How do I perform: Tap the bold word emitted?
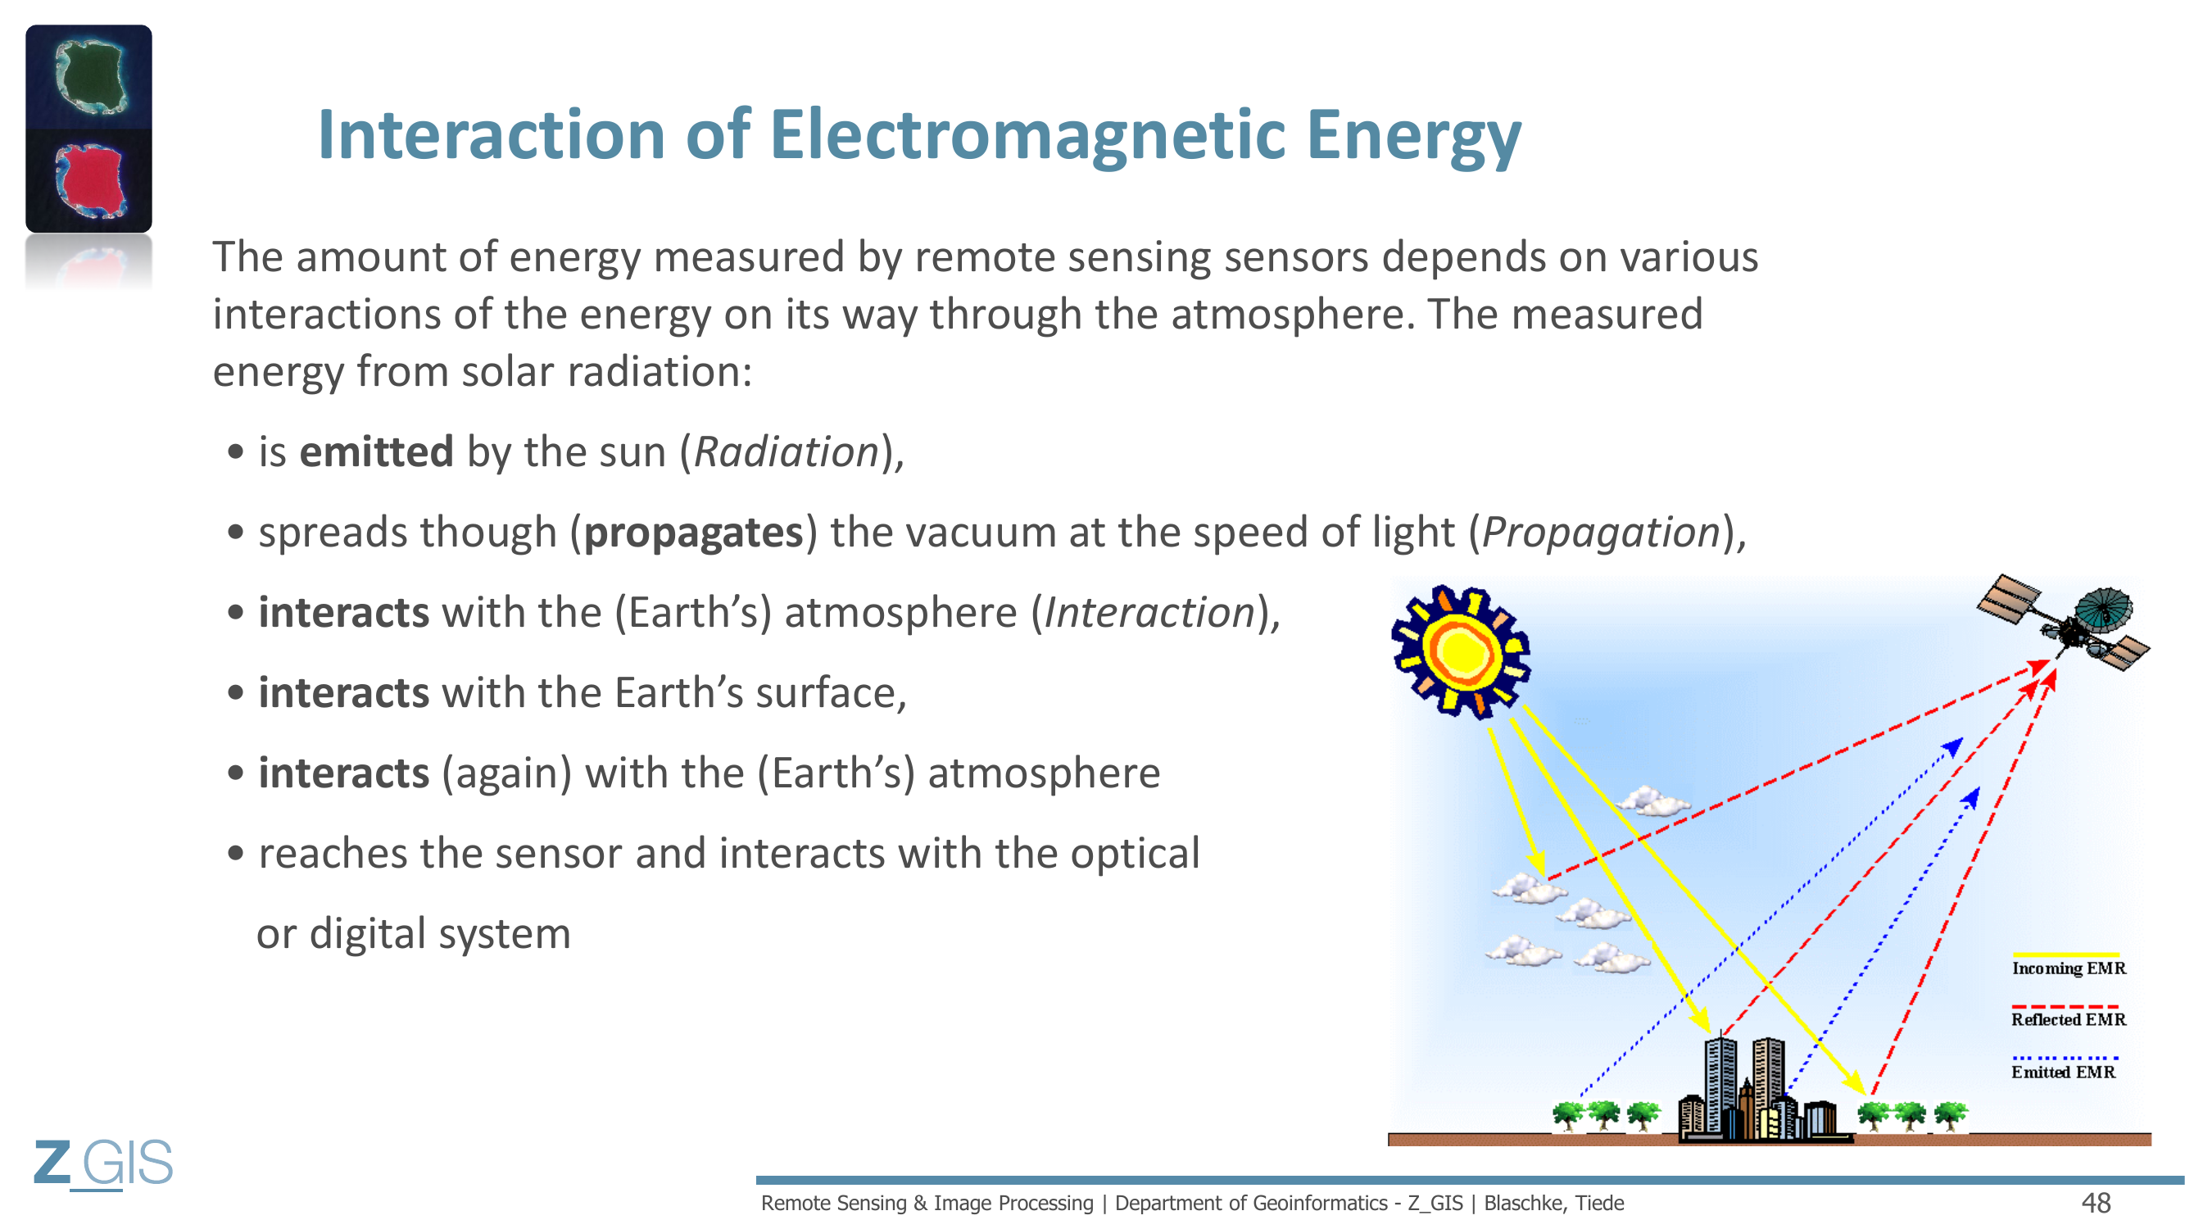(x=377, y=451)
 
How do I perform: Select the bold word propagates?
(x=694, y=533)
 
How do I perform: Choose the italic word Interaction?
(x=1149, y=612)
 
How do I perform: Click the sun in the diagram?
(x=1462, y=651)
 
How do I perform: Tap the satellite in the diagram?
(x=2064, y=623)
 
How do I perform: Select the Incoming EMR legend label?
(x=2069, y=968)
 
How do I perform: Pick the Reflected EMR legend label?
(x=2069, y=1019)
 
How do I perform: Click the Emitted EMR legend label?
(x=2063, y=1072)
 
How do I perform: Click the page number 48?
(x=2096, y=1203)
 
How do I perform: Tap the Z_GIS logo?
(x=103, y=1163)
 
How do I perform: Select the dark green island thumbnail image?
(x=89, y=77)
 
